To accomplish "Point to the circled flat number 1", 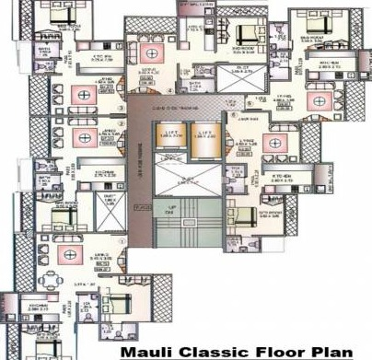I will pyautogui.click(x=121, y=241).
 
